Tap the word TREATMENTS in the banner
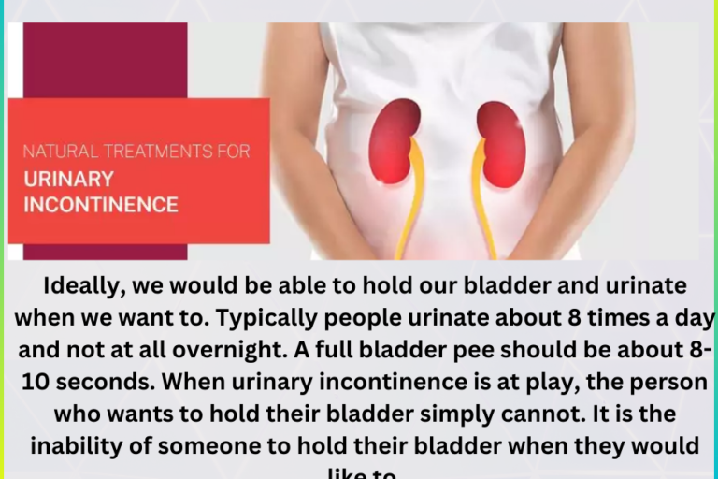pos(146,151)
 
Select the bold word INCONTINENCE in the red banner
pos(101,204)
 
